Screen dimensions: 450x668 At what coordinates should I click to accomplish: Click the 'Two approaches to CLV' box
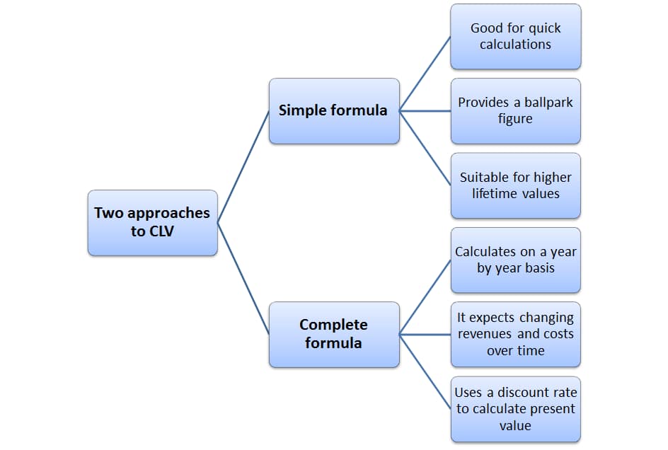pyautogui.click(x=152, y=222)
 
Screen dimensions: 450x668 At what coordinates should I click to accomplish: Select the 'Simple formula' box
pyautogui.click(x=334, y=110)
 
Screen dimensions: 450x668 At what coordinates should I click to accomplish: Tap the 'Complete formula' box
pyautogui.click(x=334, y=334)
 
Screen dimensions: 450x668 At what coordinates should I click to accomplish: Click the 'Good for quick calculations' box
pyautogui.click(x=515, y=36)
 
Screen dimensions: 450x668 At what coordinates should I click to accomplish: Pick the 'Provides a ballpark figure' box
pyautogui.click(x=515, y=110)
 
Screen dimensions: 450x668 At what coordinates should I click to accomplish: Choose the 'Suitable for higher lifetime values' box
pyautogui.click(x=515, y=185)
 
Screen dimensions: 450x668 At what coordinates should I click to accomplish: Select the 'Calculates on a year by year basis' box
pyautogui.click(x=515, y=260)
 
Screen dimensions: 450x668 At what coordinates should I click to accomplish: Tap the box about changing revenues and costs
pyautogui.click(x=515, y=334)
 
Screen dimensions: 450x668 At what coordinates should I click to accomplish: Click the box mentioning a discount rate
pyautogui.click(x=515, y=409)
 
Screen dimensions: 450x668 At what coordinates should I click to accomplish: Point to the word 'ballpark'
pyautogui.click(x=548, y=103)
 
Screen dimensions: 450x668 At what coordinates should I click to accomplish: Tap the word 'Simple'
pyautogui.click(x=304, y=110)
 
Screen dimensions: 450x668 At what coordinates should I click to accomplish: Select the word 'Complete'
pyautogui.click(x=333, y=325)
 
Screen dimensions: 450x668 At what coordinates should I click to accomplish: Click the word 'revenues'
pyautogui.click(x=487, y=334)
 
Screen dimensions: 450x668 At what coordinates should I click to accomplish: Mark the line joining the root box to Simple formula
pyautogui.click(x=243, y=167)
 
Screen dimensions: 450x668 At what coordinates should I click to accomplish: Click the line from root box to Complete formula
pyautogui.click(x=243, y=278)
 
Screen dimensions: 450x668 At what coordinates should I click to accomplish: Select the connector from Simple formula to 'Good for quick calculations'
pyautogui.click(x=425, y=74)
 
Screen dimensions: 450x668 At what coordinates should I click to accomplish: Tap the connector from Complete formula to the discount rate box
pyautogui.click(x=425, y=371)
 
